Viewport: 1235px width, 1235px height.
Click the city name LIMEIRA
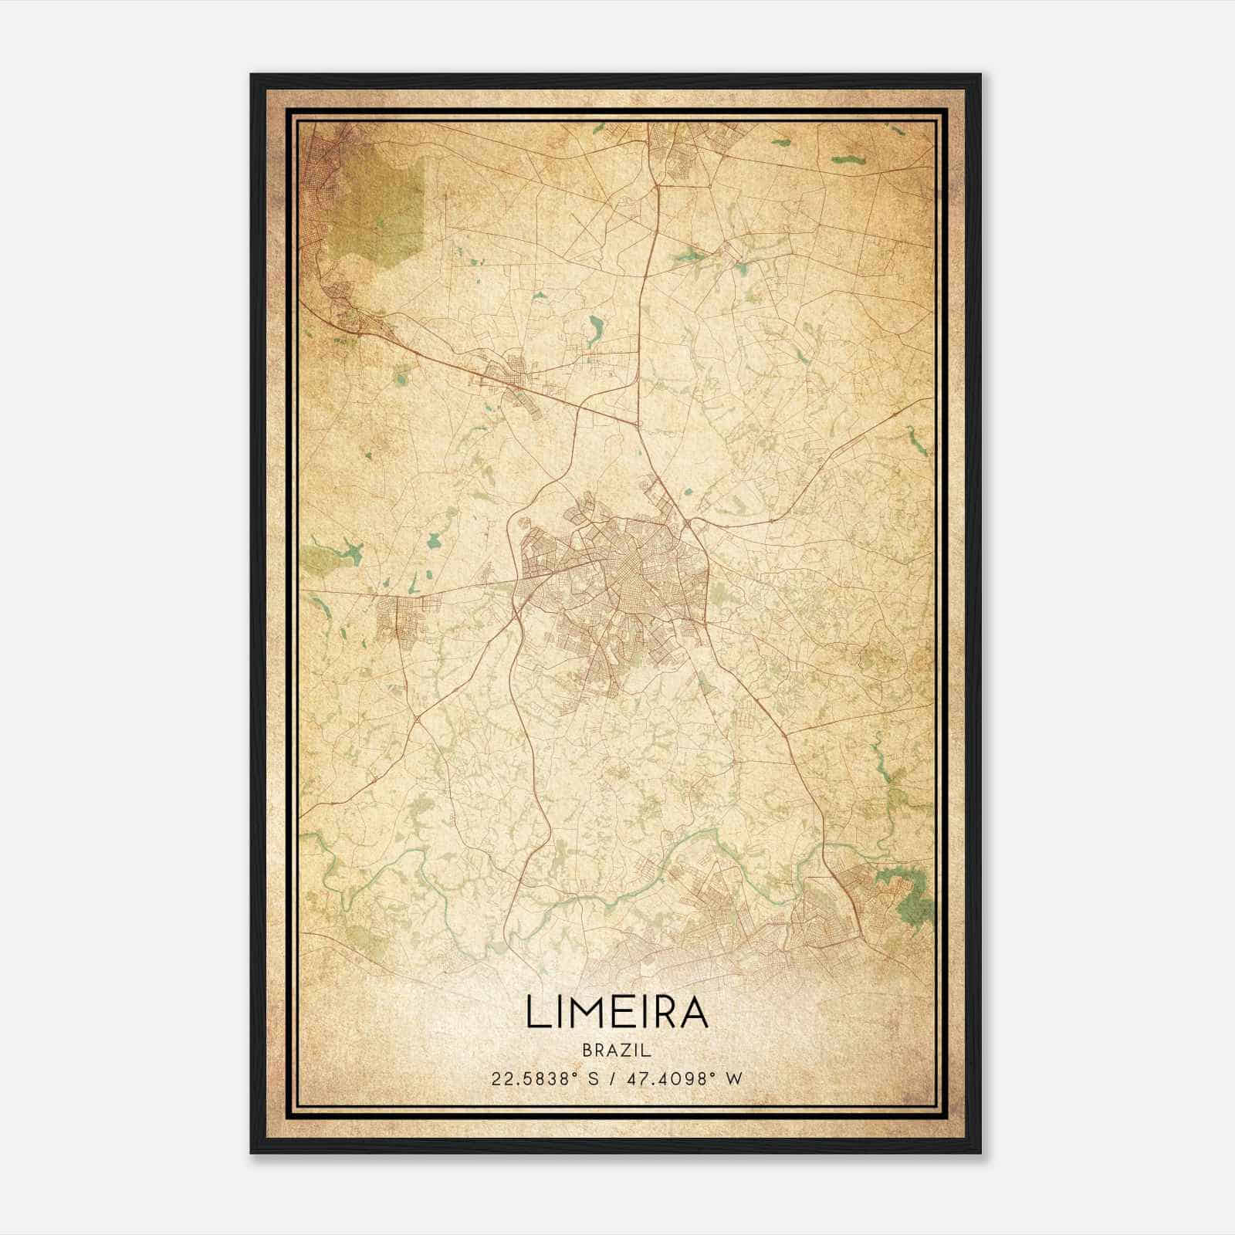617,1013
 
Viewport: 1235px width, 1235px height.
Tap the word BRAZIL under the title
617,1051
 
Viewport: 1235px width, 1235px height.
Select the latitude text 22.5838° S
545,1079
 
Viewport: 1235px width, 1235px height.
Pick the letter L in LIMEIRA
536,1013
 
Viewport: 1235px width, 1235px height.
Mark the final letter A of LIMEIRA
693,1013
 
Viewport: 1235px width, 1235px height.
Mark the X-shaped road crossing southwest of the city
417,719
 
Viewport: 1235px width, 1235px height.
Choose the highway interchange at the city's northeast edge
687,525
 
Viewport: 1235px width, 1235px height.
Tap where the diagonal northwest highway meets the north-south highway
636,424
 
